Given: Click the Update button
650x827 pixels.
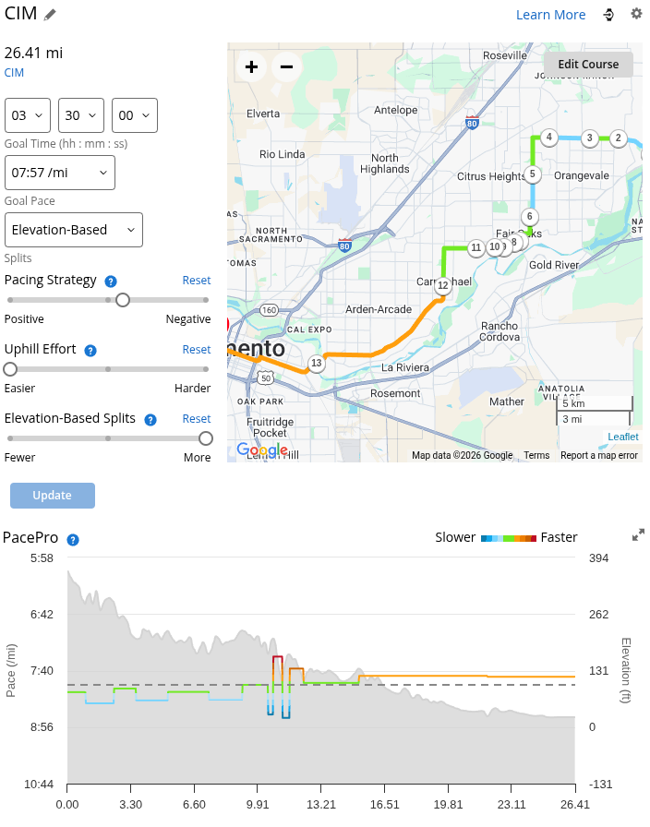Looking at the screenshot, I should point(53,496).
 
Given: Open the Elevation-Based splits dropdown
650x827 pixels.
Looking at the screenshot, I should point(74,230).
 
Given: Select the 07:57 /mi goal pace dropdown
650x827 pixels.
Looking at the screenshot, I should point(60,173).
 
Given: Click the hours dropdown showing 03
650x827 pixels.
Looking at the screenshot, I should point(28,115).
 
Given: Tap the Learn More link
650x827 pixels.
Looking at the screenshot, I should point(550,15).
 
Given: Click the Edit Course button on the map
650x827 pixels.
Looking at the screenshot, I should point(588,65).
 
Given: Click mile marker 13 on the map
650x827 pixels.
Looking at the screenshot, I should point(317,363).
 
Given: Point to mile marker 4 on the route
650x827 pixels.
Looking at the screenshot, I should point(548,138).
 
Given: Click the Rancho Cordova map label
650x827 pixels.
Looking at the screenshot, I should point(500,331).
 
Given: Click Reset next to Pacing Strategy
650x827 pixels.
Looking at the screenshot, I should point(196,281).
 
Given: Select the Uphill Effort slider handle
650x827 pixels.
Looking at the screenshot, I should point(10,369).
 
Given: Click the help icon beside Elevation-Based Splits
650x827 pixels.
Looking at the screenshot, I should point(150,419).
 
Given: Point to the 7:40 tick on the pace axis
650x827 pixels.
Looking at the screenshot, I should point(42,671).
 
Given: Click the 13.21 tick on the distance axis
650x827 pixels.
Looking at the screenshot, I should point(320,804).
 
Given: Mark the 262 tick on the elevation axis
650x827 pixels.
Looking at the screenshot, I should point(599,615).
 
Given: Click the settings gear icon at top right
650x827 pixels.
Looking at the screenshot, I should point(636,14).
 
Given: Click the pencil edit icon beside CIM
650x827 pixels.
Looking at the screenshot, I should point(50,15).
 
